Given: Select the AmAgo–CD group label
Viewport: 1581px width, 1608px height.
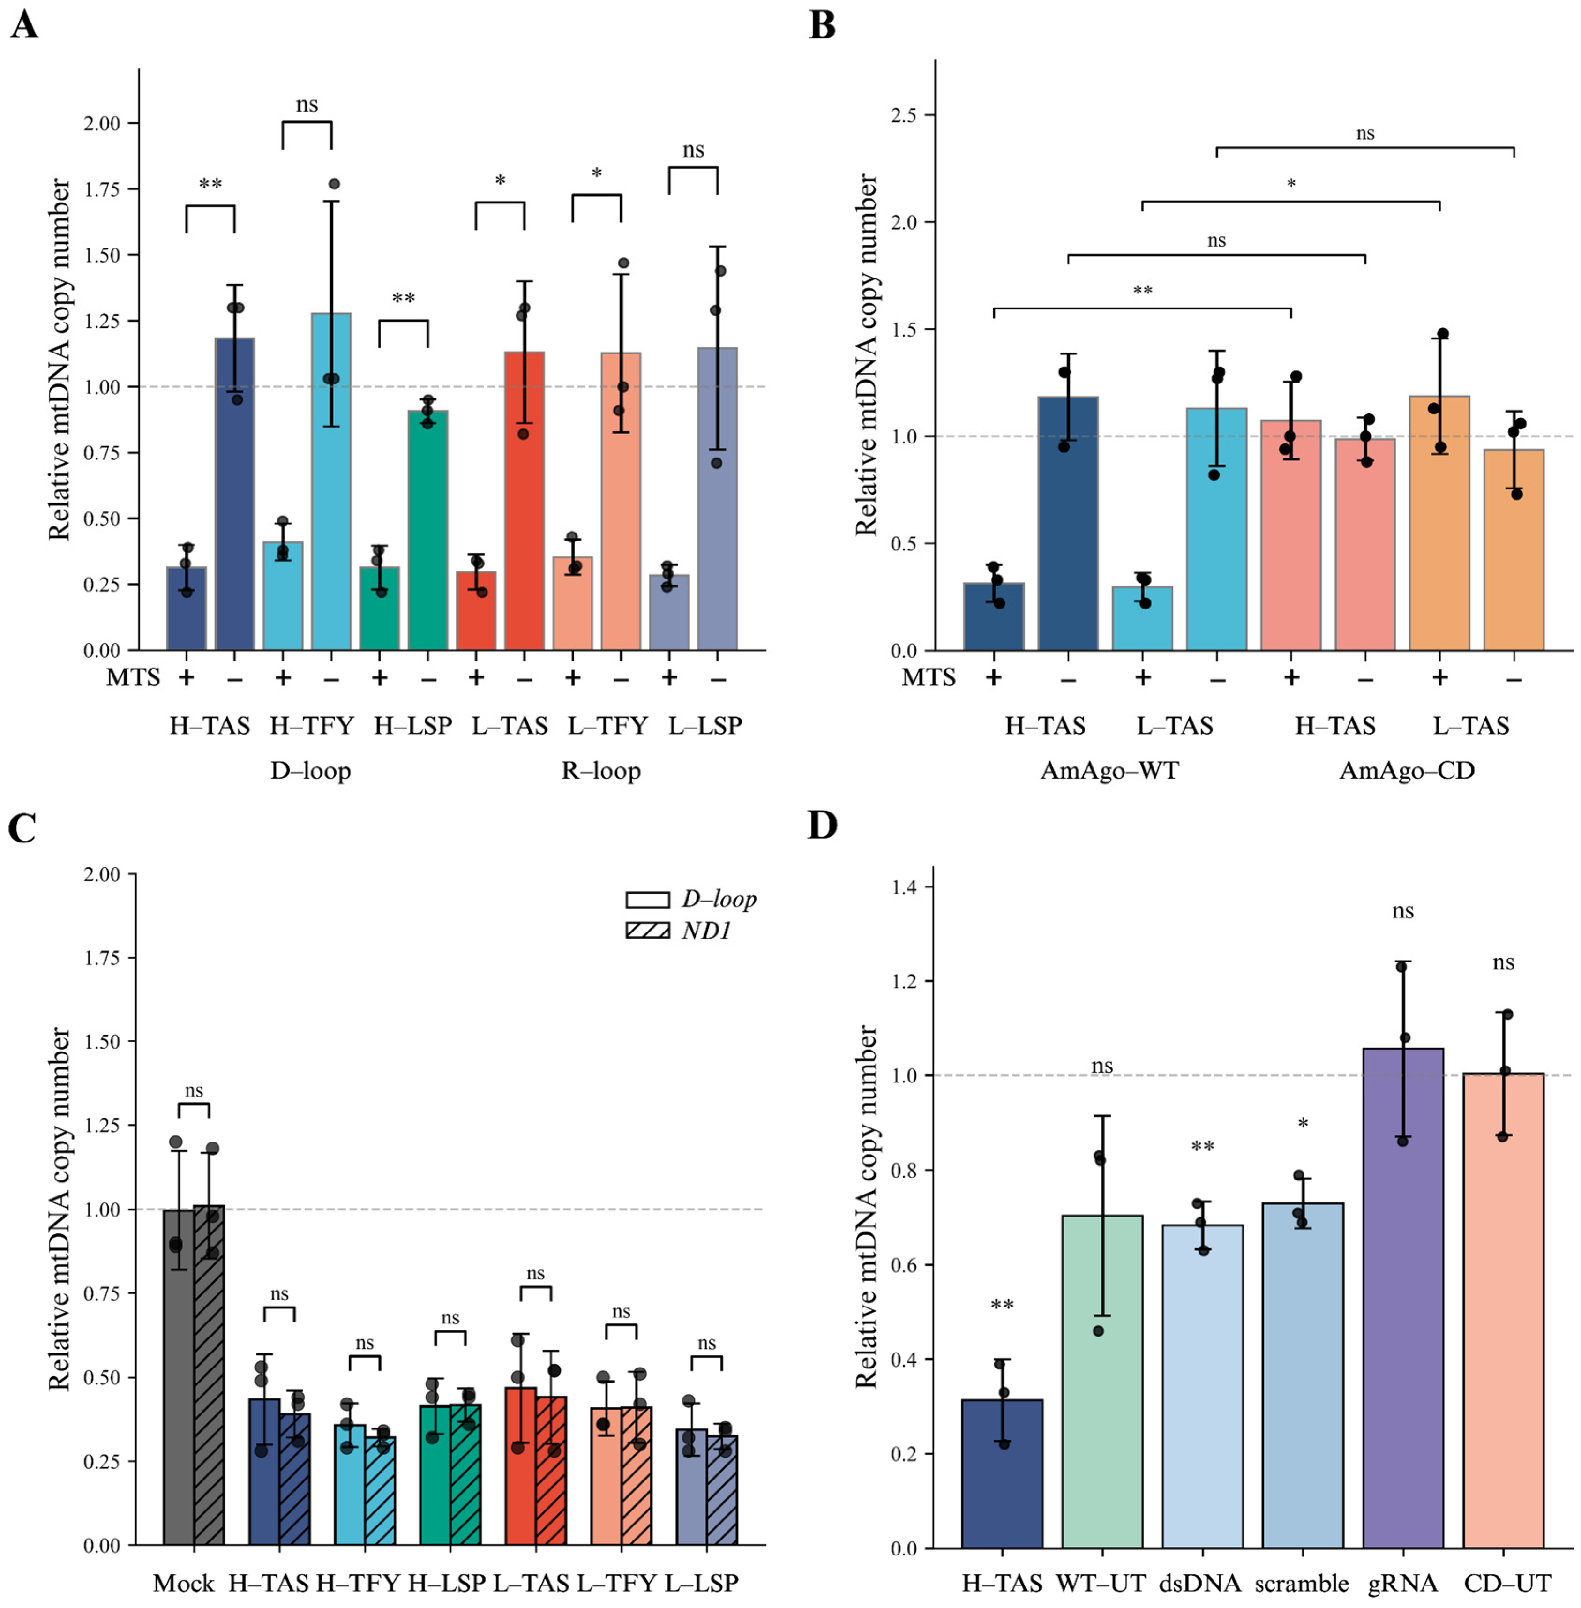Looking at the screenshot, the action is (x=1408, y=771).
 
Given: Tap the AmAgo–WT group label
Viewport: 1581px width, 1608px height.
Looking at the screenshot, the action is (x=1109, y=771).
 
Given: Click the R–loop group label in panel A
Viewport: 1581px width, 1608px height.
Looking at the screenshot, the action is (x=601, y=771).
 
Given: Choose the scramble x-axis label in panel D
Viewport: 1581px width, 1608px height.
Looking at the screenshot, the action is (x=1301, y=1584).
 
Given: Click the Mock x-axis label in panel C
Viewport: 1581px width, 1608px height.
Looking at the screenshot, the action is (x=184, y=1584).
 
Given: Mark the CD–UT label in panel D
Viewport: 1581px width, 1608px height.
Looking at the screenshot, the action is (x=1507, y=1584).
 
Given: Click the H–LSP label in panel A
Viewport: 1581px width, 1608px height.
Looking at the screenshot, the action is (x=412, y=726).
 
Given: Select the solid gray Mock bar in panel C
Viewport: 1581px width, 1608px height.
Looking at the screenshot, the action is (x=179, y=1379).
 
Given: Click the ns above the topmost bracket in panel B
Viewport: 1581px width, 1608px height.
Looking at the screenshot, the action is (x=1365, y=133).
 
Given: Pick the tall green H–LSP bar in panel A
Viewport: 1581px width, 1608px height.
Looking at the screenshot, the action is (x=427, y=530).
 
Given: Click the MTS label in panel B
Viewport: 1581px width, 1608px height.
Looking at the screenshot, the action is (x=929, y=678).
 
